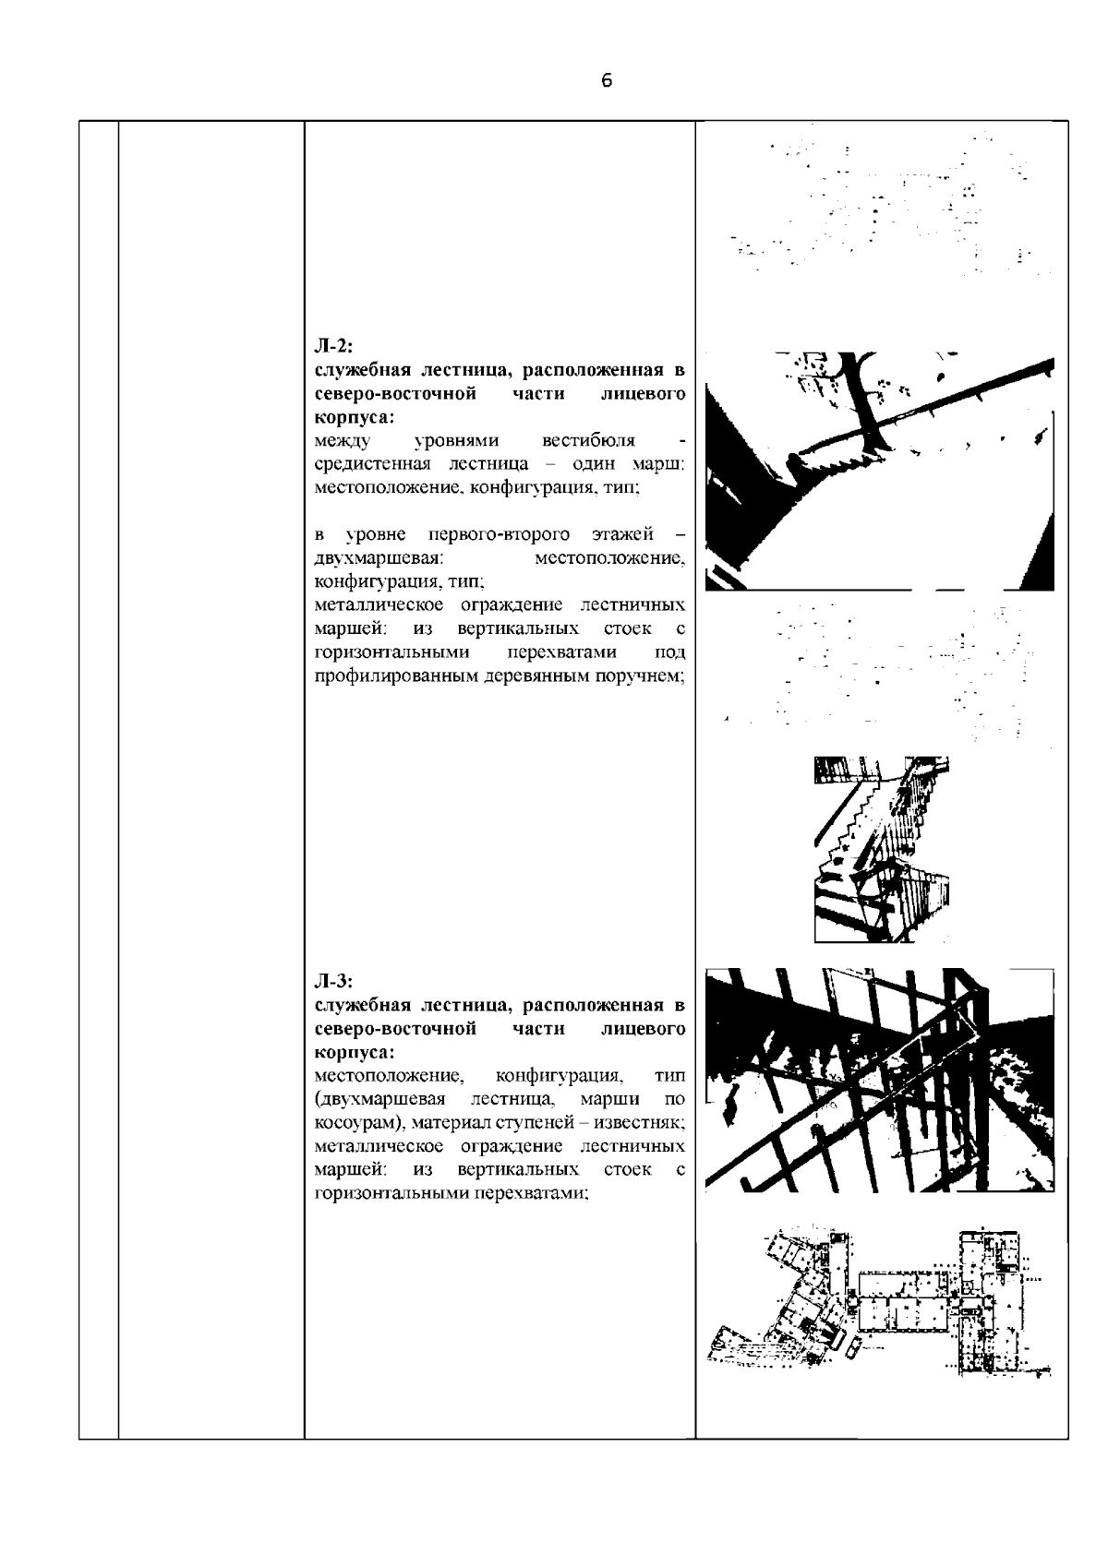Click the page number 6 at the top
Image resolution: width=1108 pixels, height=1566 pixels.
point(606,81)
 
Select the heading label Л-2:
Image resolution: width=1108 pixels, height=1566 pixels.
point(330,347)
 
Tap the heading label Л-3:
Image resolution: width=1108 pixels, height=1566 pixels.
point(330,981)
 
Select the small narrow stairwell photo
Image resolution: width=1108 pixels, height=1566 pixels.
point(882,849)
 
